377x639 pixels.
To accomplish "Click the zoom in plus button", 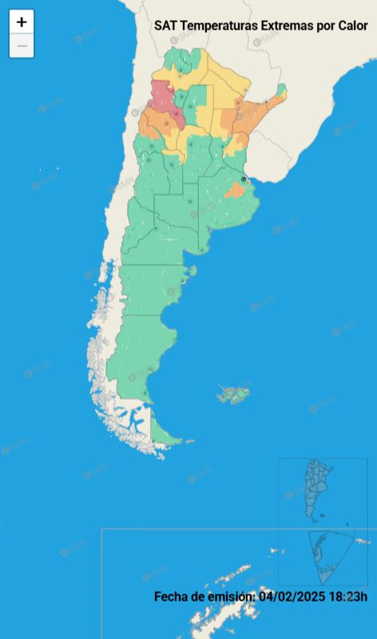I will coord(22,22).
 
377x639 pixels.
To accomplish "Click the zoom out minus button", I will coord(22,46).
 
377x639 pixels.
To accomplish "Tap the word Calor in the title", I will coord(352,26).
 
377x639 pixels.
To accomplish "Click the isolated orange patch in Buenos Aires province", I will coord(234,191).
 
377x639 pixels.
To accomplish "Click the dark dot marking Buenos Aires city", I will coord(244,178).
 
